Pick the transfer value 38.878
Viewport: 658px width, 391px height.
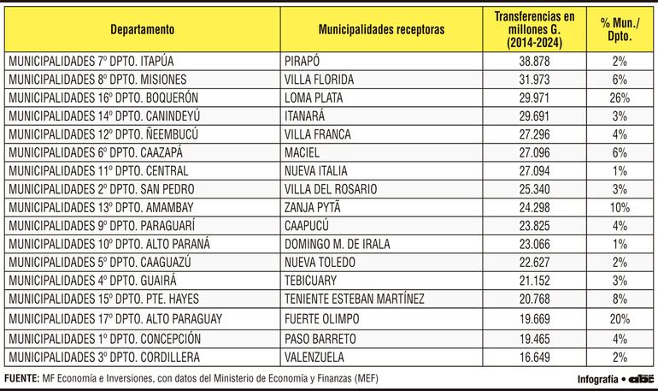[x=534, y=62]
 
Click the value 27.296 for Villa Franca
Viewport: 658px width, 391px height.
[x=534, y=134]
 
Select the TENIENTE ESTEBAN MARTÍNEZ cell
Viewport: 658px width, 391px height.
[x=355, y=299]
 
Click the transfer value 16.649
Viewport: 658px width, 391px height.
[x=534, y=356]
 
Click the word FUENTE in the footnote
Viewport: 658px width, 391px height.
[x=21, y=378]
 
